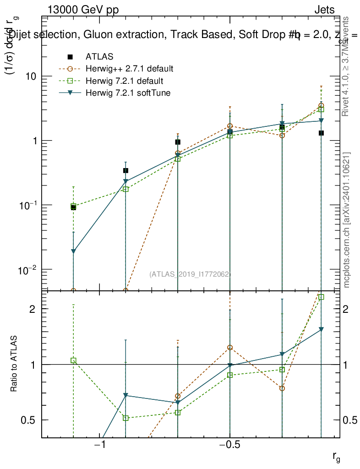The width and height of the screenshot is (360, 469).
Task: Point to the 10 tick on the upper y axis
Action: pyautogui.click(x=30, y=76)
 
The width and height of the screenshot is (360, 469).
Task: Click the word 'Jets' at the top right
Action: pyautogui.click(x=324, y=10)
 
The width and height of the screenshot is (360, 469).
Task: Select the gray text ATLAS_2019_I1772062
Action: pyautogui.click(x=190, y=274)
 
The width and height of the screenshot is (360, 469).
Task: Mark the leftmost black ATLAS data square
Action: pyautogui.click(x=73, y=207)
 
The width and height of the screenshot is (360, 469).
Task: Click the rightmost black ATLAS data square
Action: pyautogui.click(x=322, y=133)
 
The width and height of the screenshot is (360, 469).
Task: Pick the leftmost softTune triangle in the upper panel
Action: pyautogui.click(x=73, y=251)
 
